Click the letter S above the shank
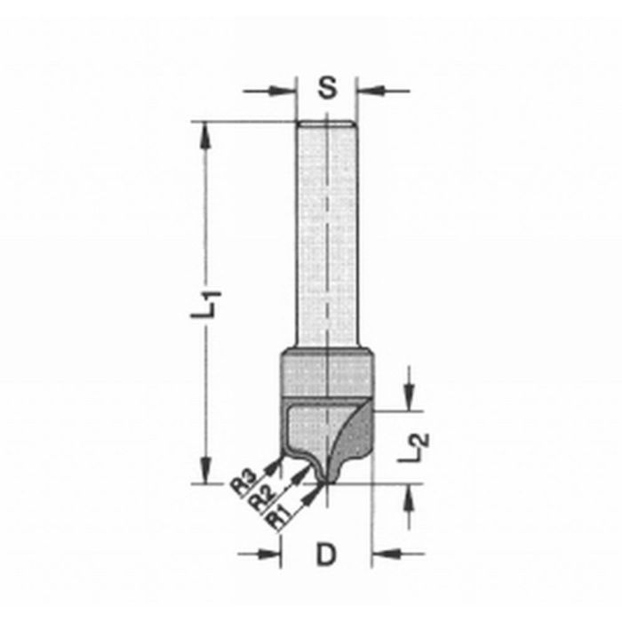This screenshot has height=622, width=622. (x=327, y=88)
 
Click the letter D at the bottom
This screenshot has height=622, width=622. (x=326, y=554)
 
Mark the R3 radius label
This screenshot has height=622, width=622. (x=243, y=482)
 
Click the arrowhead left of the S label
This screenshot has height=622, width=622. (x=283, y=91)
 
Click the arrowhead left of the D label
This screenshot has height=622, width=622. (x=269, y=554)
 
